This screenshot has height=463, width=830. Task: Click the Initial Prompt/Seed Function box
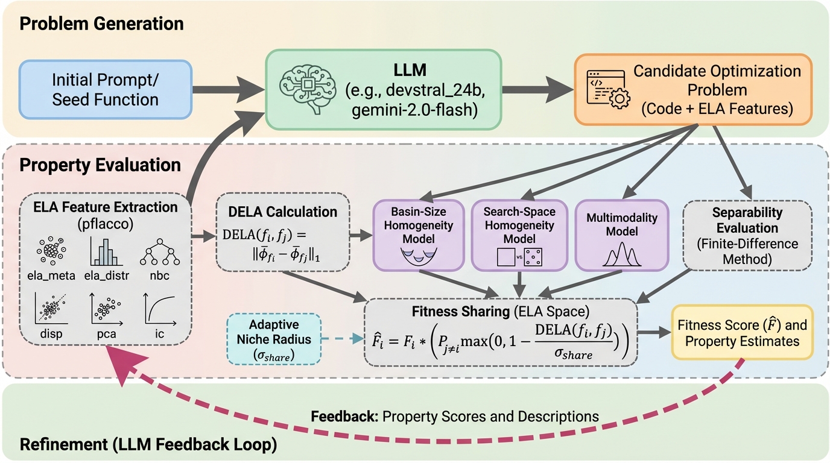coord(106,90)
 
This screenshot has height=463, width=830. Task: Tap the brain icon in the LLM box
coord(305,90)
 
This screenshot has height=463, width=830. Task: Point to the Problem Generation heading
coord(101,25)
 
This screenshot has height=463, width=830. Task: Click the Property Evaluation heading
coord(100,165)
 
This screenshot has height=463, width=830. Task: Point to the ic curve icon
coord(160,309)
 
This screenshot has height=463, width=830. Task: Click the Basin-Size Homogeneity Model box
coord(418,235)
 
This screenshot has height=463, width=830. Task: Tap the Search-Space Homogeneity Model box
coord(519,235)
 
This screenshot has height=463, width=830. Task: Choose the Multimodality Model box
coord(619,235)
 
